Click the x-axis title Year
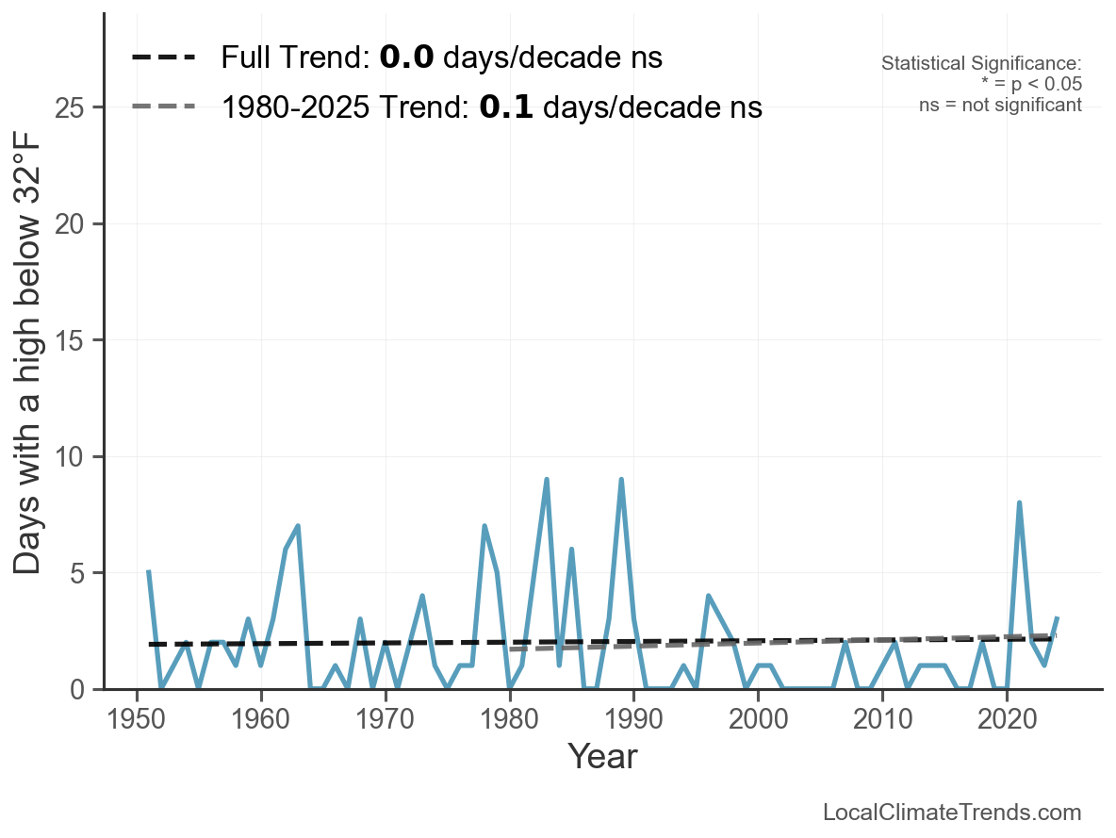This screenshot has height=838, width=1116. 602,756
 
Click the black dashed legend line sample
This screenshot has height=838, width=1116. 163,58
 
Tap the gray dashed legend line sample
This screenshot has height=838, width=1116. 163,106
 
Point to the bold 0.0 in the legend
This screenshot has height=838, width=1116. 406,58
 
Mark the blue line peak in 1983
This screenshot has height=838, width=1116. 547,480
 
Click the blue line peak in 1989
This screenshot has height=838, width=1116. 621,480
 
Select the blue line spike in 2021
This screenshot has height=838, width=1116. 1019,503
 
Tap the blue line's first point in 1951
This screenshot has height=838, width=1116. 149,572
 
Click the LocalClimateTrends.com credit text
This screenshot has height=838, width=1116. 952,813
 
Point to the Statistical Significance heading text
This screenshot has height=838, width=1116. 981,63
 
